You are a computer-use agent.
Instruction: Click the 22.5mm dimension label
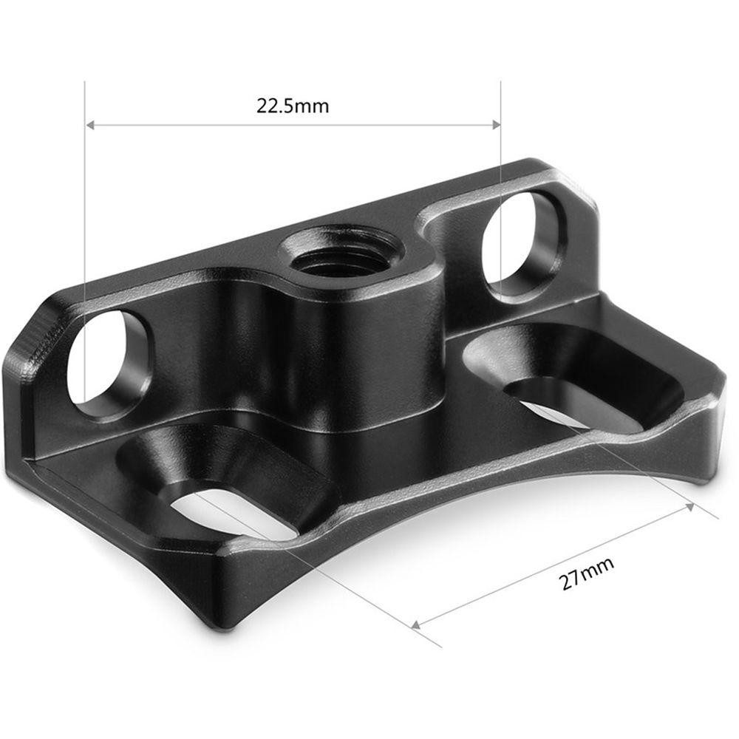tap(293, 106)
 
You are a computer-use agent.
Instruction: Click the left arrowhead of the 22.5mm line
tap(92, 125)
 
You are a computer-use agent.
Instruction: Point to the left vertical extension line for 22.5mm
tap(86, 222)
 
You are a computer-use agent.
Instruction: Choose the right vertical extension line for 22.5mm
tap(501, 185)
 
